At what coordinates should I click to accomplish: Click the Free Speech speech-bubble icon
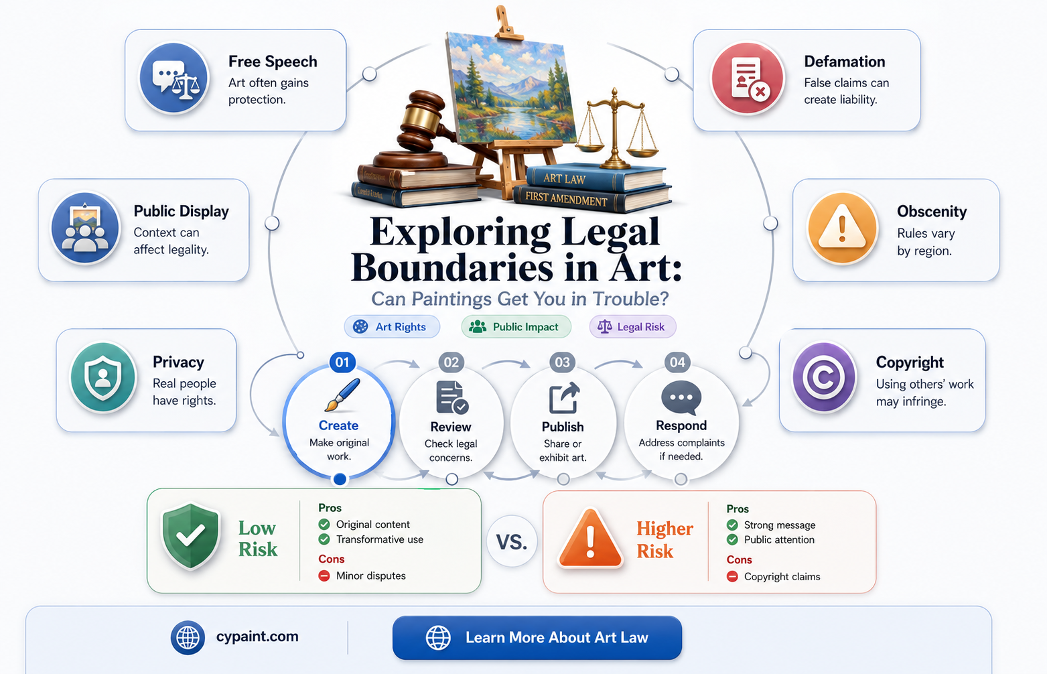[x=174, y=78]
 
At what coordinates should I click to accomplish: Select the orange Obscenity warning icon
[x=842, y=228]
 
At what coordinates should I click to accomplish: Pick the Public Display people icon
[x=85, y=228]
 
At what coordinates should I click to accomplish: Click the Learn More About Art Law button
[x=537, y=638]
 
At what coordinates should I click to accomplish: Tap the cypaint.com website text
[x=257, y=636]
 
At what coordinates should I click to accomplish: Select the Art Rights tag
[x=392, y=327]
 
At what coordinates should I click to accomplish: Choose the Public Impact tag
[x=516, y=327]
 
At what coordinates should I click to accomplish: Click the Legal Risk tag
[x=632, y=327]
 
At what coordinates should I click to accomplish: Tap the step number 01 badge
[x=342, y=362]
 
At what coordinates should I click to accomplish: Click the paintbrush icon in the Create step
[x=342, y=395]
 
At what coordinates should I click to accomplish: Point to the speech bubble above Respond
[x=681, y=398]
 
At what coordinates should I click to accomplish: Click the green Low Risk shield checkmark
[x=190, y=535]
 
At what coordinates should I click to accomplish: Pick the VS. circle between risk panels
[x=512, y=542]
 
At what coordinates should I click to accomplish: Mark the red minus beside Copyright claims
[x=732, y=577]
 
